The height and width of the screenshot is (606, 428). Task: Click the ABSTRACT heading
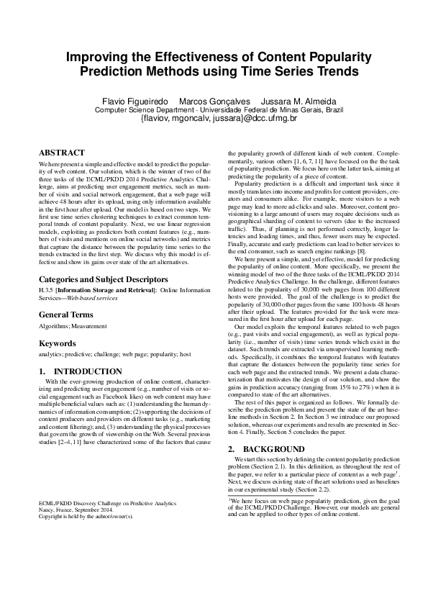click(61, 153)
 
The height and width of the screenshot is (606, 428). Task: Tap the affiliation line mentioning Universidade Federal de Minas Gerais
click(214, 111)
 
